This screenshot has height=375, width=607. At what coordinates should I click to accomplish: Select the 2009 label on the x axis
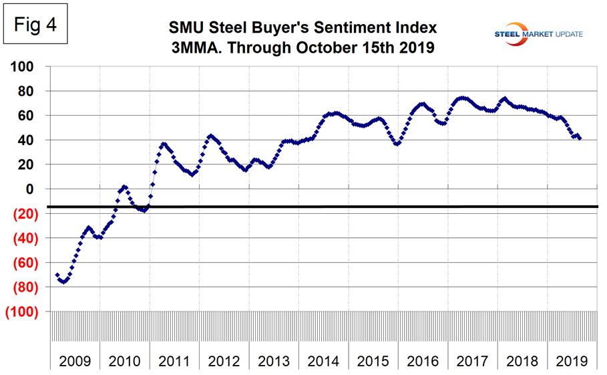coord(75,361)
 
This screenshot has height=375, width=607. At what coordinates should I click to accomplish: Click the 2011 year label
coord(174,361)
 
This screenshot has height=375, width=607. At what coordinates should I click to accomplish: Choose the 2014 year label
coord(324,361)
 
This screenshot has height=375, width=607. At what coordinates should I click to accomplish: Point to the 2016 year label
coord(423,361)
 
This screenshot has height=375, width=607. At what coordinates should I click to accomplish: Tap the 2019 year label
coord(572,361)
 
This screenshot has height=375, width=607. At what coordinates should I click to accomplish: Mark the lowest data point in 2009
coord(63,281)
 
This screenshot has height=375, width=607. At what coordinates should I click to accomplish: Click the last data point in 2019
coord(579,138)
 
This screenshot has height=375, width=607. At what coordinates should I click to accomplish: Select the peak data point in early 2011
coord(163,144)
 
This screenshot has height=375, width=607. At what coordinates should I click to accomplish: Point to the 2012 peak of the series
coord(210,136)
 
